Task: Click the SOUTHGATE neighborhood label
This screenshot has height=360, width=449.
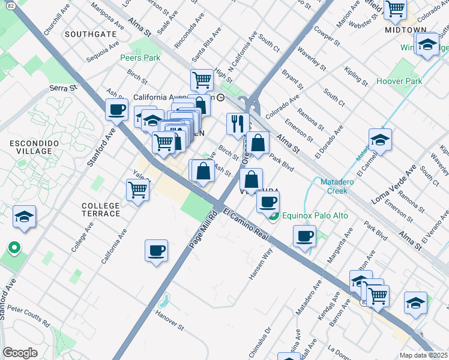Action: [91, 34]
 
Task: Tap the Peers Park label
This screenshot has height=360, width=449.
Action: [140, 58]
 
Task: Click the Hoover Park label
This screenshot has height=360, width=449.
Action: [399, 81]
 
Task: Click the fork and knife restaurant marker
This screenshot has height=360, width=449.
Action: [238, 124]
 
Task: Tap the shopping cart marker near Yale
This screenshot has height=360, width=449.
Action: [137, 190]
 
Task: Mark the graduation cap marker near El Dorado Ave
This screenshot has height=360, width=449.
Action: [380, 140]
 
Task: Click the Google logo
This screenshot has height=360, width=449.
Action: [20, 352]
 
